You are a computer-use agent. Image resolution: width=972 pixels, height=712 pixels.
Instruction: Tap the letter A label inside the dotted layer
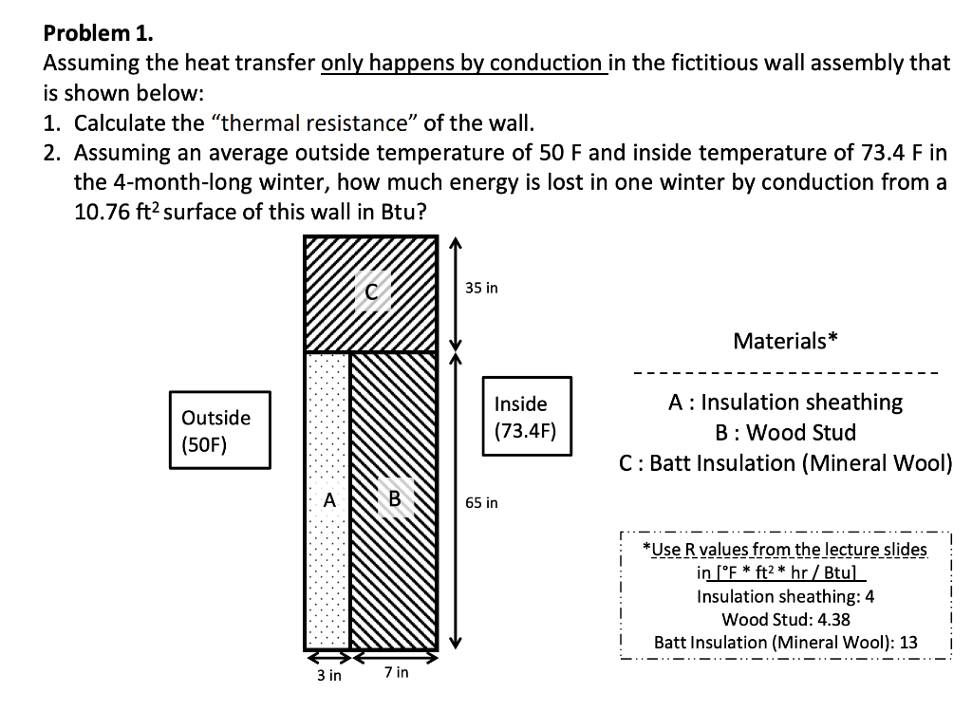pyautogui.click(x=329, y=499)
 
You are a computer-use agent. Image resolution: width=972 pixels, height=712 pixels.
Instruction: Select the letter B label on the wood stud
pyautogui.click(x=395, y=499)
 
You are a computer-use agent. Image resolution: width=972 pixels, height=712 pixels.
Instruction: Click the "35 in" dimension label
pyautogui.click(x=481, y=288)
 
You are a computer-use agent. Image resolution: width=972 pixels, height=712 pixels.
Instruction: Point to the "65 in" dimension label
pyautogui.click(x=481, y=502)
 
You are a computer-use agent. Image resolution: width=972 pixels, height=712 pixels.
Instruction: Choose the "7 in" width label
pyautogui.click(x=397, y=672)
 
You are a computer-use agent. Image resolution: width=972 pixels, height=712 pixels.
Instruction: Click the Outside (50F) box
pyautogui.click(x=219, y=430)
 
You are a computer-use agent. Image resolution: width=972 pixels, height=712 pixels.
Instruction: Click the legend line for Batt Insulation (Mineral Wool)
pyautogui.click(x=785, y=463)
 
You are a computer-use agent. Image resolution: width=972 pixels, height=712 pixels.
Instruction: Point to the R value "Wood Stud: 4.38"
pyautogui.click(x=785, y=619)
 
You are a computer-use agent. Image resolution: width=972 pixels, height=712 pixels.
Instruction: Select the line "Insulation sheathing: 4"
pyautogui.click(x=785, y=596)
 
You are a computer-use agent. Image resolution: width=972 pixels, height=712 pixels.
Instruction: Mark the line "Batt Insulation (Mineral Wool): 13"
pyautogui.click(x=785, y=642)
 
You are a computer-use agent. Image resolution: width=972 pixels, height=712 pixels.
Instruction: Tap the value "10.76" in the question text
pyautogui.click(x=100, y=210)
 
